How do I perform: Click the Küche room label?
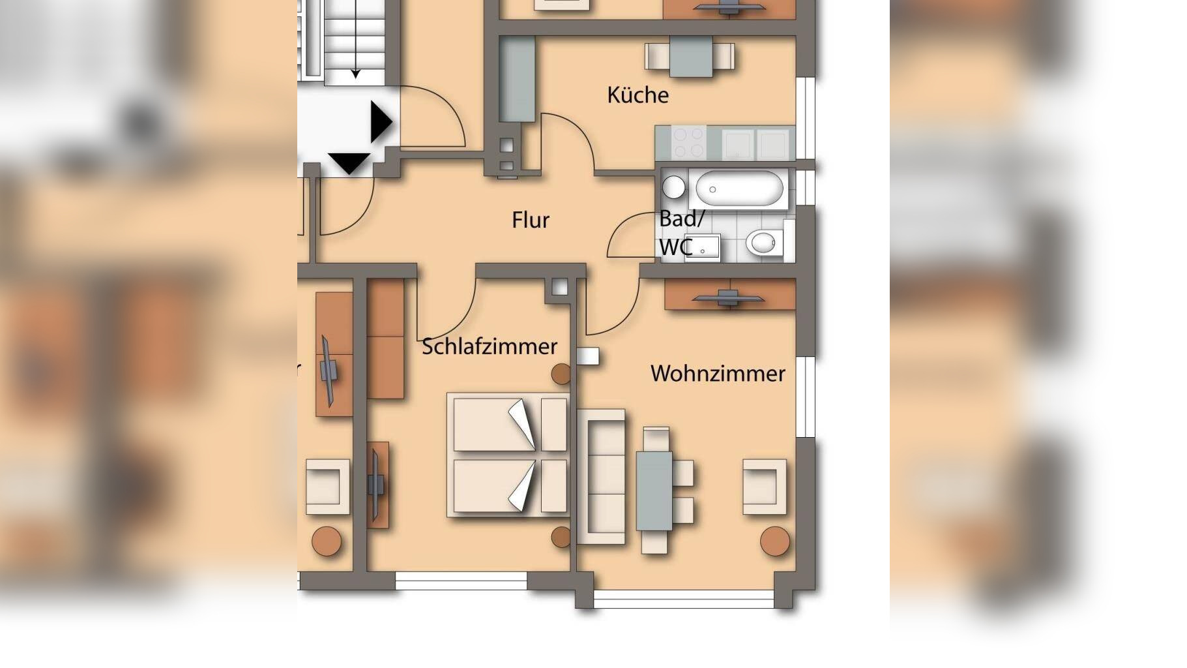coord(637,95)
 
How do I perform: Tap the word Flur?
coord(530,220)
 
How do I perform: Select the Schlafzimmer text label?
coord(489,346)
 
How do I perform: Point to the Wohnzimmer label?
coord(717,374)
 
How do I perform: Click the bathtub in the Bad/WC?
coord(739,189)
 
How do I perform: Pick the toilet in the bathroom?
coord(763,243)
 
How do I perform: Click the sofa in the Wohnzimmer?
coord(601,476)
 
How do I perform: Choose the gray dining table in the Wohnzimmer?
coord(654,490)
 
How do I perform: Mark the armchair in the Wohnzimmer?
coord(764,486)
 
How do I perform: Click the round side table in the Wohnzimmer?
coord(774,541)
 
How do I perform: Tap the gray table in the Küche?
coord(690,57)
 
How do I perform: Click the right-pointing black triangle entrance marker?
coord(380,122)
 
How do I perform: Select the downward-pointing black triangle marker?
coord(349,162)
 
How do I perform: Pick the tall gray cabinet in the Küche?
coord(517,79)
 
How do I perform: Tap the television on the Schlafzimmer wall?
coord(376,483)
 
